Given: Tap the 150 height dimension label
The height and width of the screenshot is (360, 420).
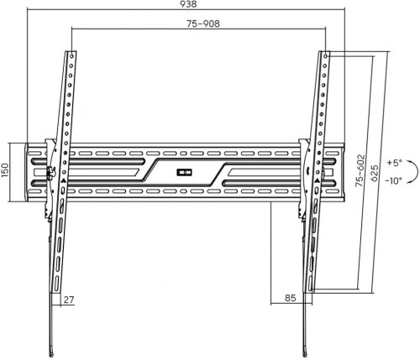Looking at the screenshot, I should coord(4,171).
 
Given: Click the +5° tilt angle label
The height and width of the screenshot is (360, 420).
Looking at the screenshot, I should coord(394,160).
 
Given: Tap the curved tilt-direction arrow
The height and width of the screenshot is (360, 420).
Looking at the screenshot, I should coord(381,170).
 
